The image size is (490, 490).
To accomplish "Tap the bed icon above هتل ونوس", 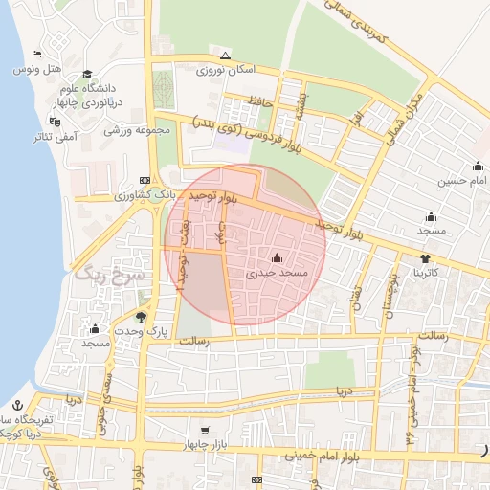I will point(36,54).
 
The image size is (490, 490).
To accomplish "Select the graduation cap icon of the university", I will point(88,74).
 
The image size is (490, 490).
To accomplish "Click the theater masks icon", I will point(55,122).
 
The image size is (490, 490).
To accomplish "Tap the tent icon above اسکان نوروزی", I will point(225,56).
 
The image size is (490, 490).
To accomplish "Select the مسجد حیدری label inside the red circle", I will point(278,273).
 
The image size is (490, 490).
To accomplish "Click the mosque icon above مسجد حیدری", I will point(278,257).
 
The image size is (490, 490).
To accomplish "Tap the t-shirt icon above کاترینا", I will point(425,258).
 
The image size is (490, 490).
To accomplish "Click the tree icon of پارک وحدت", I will point(142,316).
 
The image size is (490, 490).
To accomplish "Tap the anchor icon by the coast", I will point(16,405).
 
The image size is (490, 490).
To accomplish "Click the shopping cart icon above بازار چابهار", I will point(204,431).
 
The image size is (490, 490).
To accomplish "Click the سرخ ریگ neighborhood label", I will point(110,275).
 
